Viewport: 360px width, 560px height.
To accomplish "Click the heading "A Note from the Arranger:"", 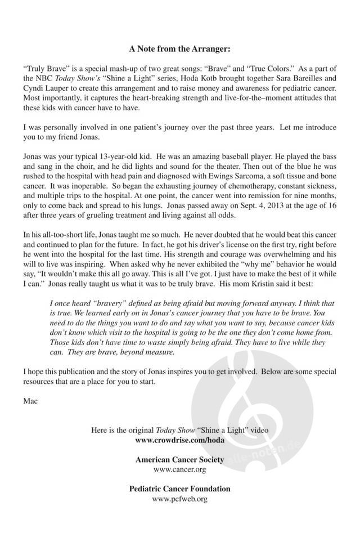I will coord(179,48).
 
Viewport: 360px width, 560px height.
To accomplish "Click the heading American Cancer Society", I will coord(179,459).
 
